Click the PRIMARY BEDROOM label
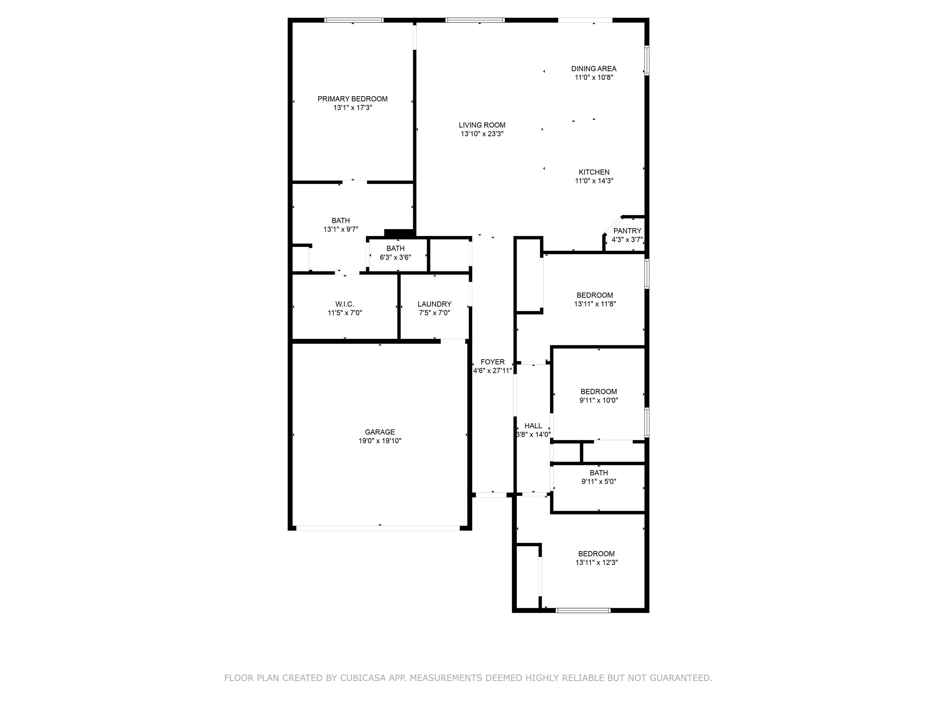click(352, 99)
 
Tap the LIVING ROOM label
click(482, 125)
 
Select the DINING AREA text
click(594, 69)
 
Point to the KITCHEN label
click(594, 172)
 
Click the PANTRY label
click(627, 231)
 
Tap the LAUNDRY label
click(434, 304)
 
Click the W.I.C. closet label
click(344, 304)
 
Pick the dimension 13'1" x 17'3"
click(352, 108)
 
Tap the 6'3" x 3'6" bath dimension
click(395, 257)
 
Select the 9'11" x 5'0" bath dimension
click(598, 481)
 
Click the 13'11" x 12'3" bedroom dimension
click(596, 563)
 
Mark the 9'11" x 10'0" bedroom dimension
click(598, 400)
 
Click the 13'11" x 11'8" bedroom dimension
click(595, 304)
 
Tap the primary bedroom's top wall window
click(354, 20)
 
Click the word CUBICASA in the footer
click(363, 678)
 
